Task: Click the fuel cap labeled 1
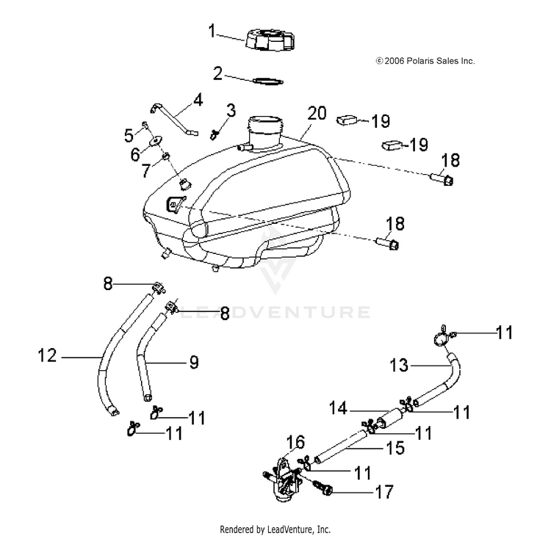pyautogui.click(x=270, y=39)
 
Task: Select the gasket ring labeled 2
pyautogui.click(x=268, y=82)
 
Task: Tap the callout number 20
pyautogui.click(x=317, y=114)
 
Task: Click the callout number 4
pyautogui.click(x=198, y=100)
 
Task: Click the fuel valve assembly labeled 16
pyautogui.click(x=283, y=479)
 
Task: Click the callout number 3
pyautogui.click(x=231, y=110)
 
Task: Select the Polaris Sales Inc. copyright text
pyautogui.click(x=425, y=61)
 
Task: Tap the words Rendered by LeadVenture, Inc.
pyautogui.click(x=275, y=529)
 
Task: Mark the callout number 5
pyautogui.click(x=129, y=135)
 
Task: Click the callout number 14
pyautogui.click(x=338, y=408)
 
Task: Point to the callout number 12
pyautogui.click(x=47, y=355)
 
